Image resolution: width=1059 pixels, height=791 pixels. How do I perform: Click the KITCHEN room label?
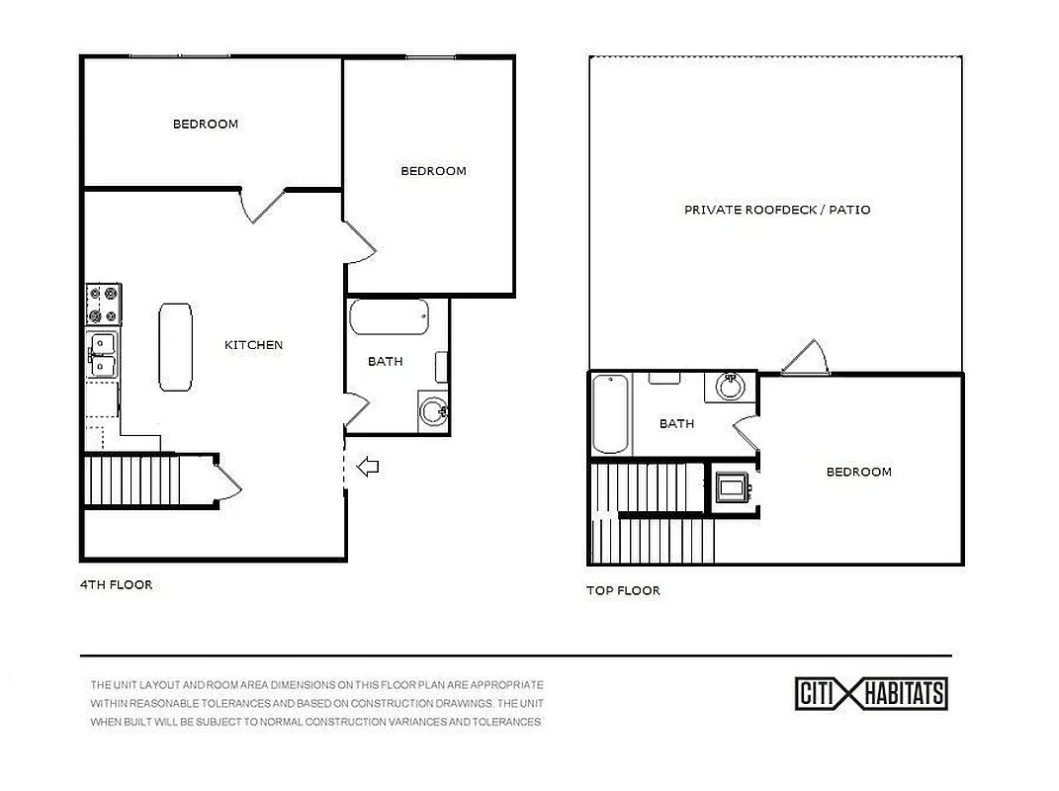point(253,345)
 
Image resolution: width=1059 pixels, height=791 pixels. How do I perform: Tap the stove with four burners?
point(104,304)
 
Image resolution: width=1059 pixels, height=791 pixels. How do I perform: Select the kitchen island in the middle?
point(176,346)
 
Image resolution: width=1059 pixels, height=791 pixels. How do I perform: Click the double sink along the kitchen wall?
point(102,355)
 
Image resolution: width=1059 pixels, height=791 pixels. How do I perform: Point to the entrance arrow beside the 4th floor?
point(368,467)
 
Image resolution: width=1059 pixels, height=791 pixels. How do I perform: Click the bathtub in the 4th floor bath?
point(389,318)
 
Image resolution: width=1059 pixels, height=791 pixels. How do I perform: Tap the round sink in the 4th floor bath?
point(433,410)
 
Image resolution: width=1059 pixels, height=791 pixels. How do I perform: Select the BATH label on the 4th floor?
point(385,362)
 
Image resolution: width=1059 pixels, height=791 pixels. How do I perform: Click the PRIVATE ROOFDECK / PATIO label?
point(777,210)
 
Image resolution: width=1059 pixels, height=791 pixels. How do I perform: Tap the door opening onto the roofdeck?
point(805,359)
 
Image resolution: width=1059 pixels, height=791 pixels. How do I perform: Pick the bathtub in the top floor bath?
point(610,412)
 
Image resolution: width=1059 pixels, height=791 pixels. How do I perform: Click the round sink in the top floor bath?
point(731,387)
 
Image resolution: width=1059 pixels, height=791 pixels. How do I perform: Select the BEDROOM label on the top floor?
point(858,472)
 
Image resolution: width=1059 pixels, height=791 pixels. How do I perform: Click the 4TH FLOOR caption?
point(116,584)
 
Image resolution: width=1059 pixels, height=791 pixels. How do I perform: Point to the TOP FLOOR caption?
point(623,590)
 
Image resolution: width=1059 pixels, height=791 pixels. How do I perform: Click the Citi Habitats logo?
point(871,693)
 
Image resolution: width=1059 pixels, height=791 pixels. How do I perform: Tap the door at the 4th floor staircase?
point(227,481)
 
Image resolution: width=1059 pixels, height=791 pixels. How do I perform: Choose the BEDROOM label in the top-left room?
point(206,124)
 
